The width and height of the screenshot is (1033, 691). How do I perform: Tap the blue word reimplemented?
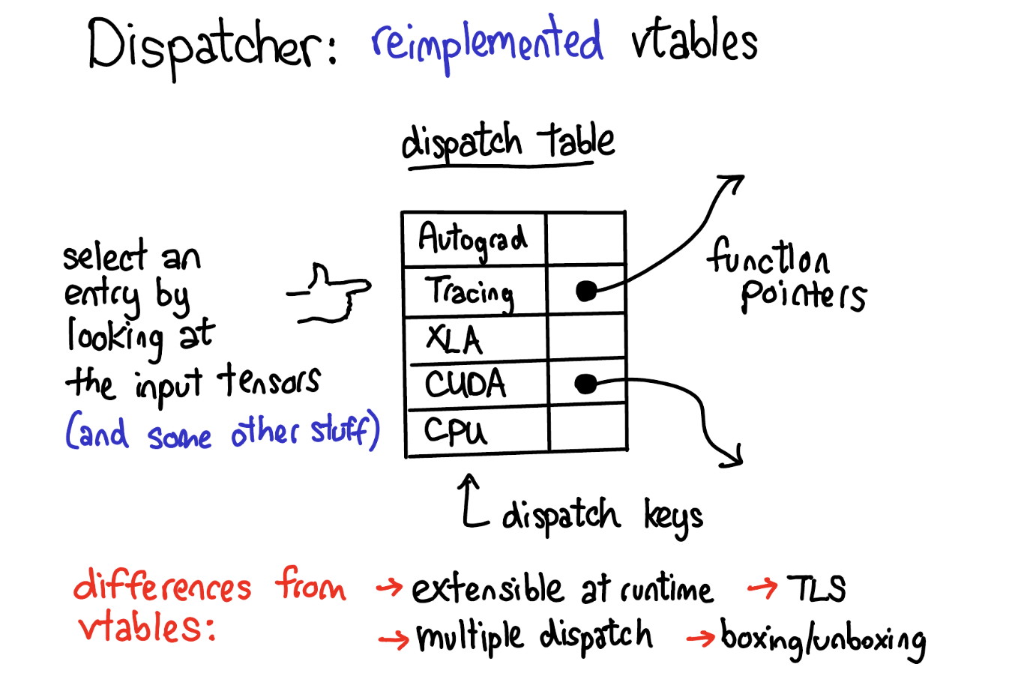coord(487,43)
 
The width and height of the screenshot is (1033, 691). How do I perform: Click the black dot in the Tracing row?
coord(586,291)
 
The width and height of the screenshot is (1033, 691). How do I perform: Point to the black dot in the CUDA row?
coord(585,384)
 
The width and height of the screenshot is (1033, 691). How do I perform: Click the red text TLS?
coord(816,588)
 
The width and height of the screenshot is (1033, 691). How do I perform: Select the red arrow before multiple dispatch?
coord(394,639)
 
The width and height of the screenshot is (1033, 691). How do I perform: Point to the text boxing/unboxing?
coord(823,639)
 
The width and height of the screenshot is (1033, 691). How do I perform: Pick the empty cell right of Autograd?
coord(585,239)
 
